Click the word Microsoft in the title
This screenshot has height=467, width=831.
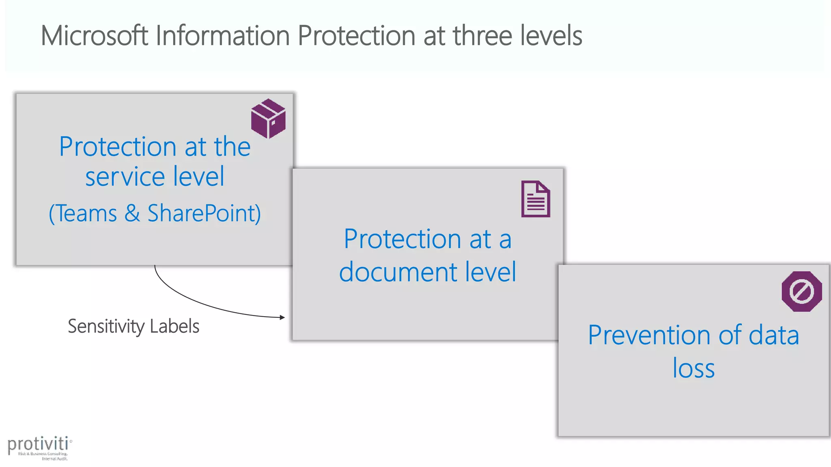[94, 36]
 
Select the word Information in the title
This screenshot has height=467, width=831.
[222, 36]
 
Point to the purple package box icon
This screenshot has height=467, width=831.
[268, 118]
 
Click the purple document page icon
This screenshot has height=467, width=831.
[536, 199]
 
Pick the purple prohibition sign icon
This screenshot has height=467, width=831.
[802, 291]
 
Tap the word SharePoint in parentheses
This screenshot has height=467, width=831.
[202, 213]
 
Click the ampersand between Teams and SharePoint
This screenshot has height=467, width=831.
[132, 213]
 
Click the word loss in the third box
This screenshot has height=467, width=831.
[693, 368]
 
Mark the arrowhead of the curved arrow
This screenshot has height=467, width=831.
[282, 317]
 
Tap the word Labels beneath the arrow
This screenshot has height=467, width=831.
[174, 326]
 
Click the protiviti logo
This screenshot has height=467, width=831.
[39, 448]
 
